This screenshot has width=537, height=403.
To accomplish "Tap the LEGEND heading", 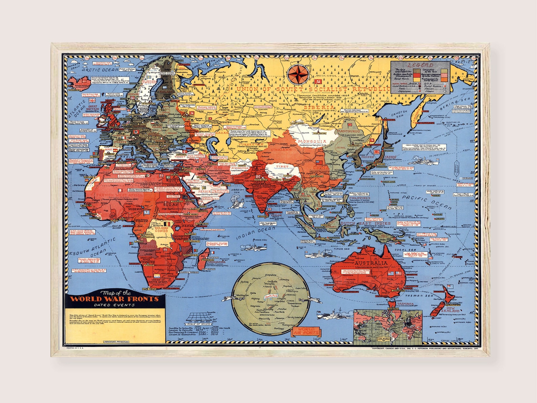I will click(420, 65).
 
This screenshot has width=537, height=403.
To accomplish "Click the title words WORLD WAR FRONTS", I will click(114, 299).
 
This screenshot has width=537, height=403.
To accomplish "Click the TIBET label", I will click(282, 167).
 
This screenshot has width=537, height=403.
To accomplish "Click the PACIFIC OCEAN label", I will click(427, 202).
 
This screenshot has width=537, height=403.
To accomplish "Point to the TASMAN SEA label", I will click(419, 295).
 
